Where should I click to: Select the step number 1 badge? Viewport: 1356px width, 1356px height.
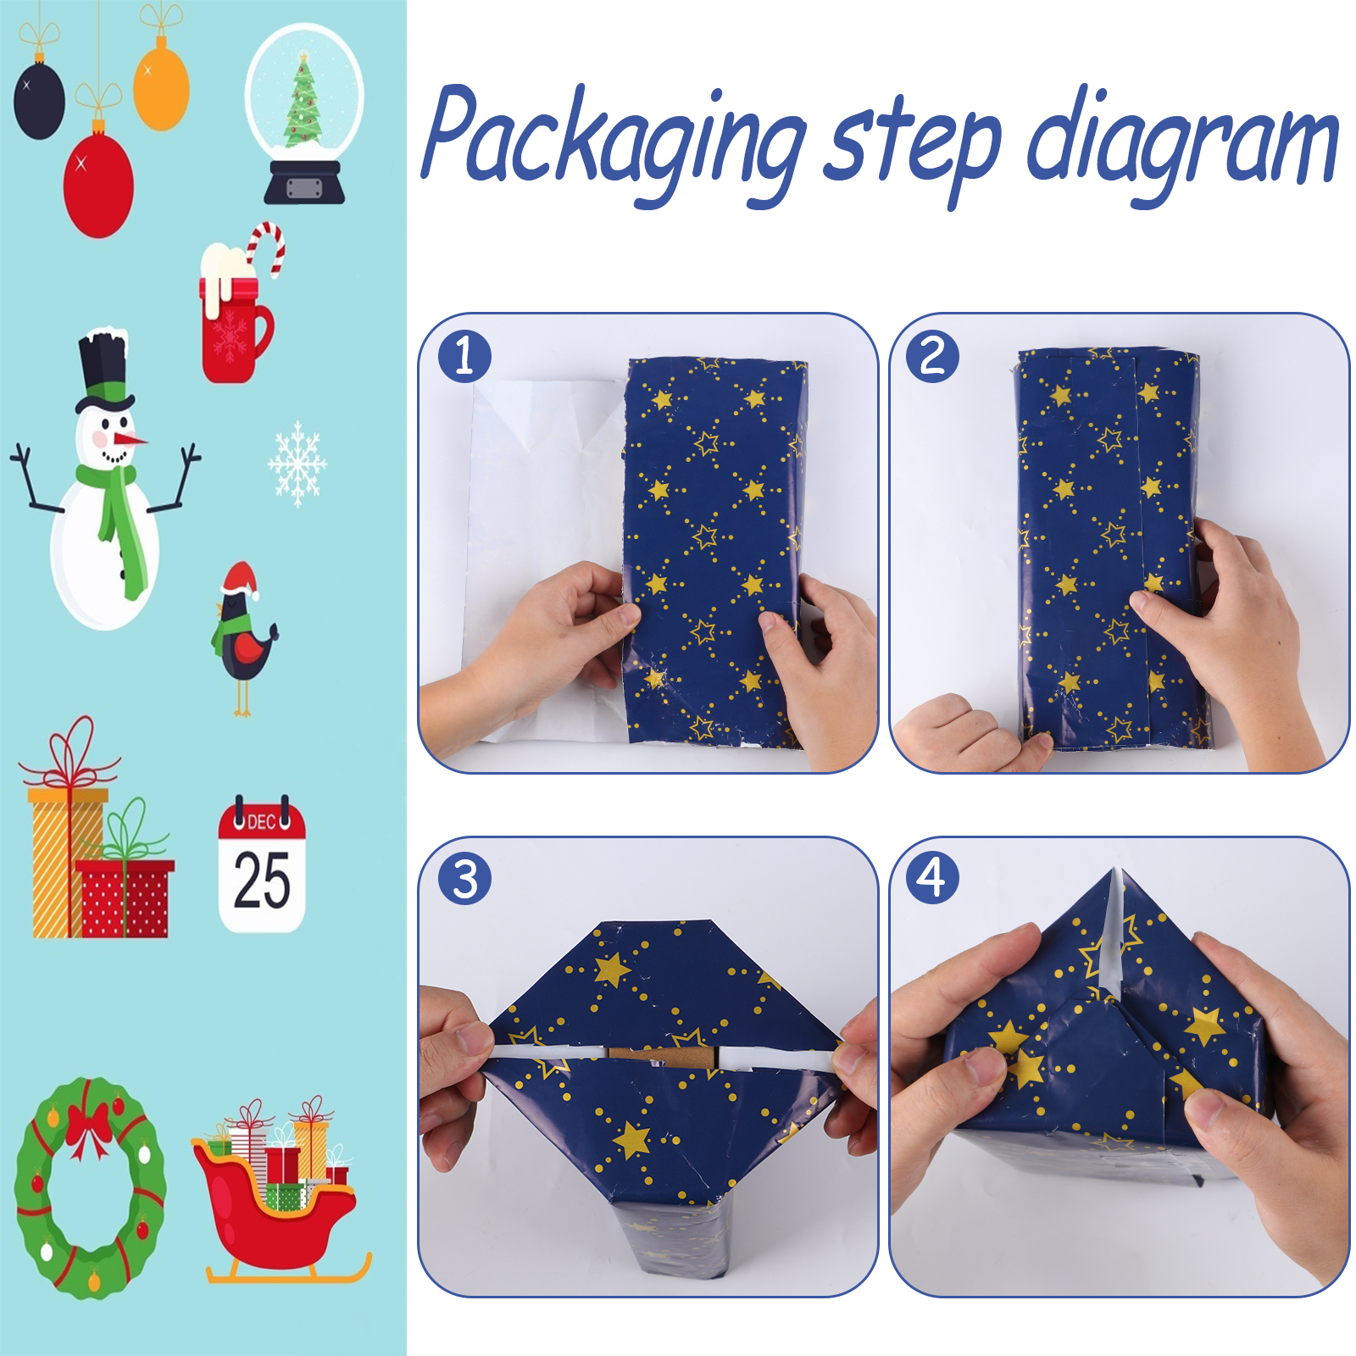coord(464,356)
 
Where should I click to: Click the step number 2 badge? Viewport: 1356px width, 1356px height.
coord(932,356)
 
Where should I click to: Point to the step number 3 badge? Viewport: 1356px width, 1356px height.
coord(464,879)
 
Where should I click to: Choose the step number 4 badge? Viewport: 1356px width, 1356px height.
coord(932,878)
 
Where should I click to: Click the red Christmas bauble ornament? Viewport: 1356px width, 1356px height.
coord(98,181)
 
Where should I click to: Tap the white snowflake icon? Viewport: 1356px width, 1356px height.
coord(297,464)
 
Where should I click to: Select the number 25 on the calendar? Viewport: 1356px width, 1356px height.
coord(262,881)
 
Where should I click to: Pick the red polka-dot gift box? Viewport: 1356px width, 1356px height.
coord(125,898)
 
